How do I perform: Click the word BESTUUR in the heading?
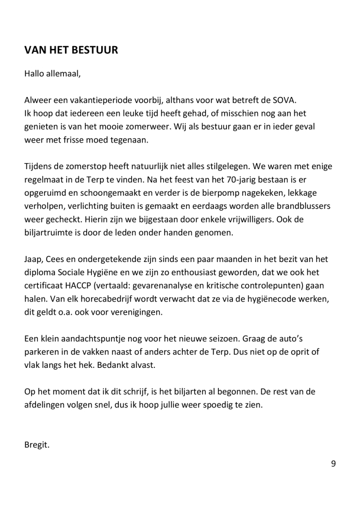click(x=92, y=50)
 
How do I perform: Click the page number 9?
click(x=333, y=463)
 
